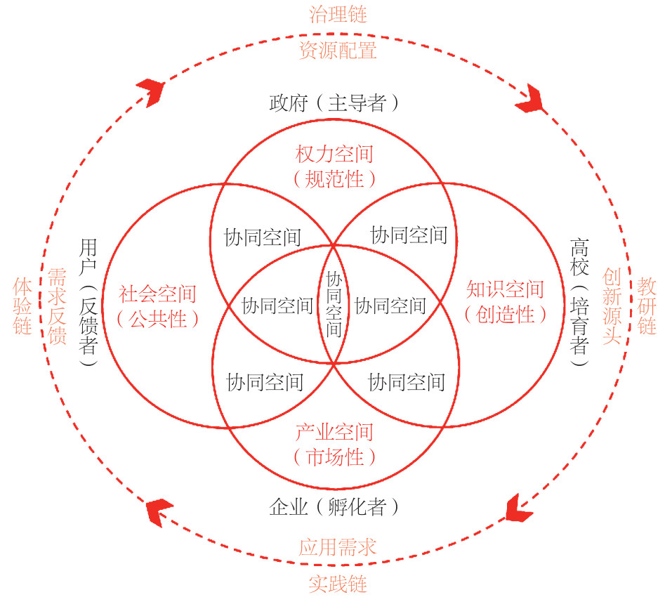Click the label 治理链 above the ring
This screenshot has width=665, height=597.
tap(338, 14)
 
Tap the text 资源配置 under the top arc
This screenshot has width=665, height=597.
tap(338, 51)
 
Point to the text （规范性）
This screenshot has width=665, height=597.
tap(334, 179)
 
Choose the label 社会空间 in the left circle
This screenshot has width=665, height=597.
tap(158, 293)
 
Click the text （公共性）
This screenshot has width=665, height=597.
tap(158, 319)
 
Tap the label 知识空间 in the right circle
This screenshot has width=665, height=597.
tap(506, 289)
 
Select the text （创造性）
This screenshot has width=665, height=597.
tap(506, 314)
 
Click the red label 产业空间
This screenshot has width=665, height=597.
tap(334, 432)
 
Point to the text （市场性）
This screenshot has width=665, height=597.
tap(334, 457)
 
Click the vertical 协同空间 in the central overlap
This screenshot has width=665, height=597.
tap(334, 303)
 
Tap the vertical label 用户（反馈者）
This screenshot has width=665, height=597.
tap(88, 303)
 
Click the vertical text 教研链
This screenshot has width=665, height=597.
tap(647, 306)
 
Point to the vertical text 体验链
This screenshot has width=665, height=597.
tap(22, 306)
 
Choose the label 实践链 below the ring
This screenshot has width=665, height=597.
tap(338, 584)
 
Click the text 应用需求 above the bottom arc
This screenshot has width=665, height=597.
tap(338, 547)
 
